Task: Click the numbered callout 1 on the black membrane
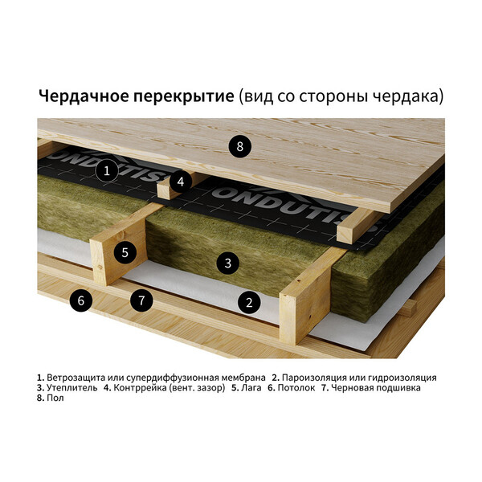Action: [x=107, y=170]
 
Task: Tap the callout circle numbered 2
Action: [x=249, y=303]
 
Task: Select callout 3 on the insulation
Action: [x=227, y=263]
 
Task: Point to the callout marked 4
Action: [x=181, y=182]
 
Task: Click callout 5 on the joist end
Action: [x=125, y=253]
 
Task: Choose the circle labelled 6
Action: [x=81, y=300]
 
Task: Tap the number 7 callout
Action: [x=141, y=300]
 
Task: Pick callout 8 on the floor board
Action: [x=239, y=147]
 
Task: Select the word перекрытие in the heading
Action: [x=184, y=97]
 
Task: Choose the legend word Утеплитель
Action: [x=72, y=388]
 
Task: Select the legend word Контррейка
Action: [x=140, y=388]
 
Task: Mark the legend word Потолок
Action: [x=296, y=388]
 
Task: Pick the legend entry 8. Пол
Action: [x=51, y=398]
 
